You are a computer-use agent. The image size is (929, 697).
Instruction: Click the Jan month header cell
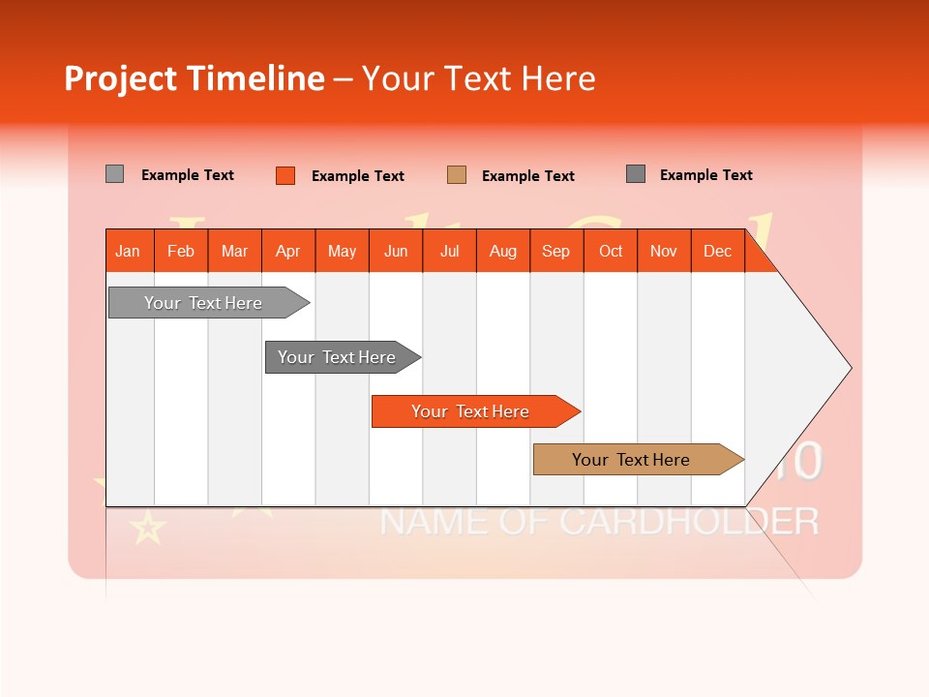pyautogui.click(x=129, y=251)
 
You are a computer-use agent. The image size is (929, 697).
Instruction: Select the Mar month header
pyautogui.click(x=234, y=251)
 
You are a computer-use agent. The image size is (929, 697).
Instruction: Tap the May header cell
pyautogui.click(x=342, y=251)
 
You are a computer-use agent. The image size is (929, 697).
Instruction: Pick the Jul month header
pyautogui.click(x=449, y=251)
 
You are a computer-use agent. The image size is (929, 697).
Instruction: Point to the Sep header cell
pyautogui.click(x=555, y=251)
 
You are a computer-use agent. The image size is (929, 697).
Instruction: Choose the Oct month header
pyautogui.click(x=611, y=251)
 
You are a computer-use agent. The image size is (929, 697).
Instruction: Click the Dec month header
pyautogui.click(x=717, y=251)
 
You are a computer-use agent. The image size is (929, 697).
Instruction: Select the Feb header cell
pyautogui.click(x=181, y=251)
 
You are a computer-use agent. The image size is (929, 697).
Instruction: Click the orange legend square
pyautogui.click(x=285, y=175)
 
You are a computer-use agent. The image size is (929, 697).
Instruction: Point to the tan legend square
pyautogui.click(x=457, y=175)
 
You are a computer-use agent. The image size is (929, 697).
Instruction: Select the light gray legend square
pyautogui.click(x=114, y=174)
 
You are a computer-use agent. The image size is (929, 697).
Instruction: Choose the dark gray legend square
pyautogui.click(x=635, y=174)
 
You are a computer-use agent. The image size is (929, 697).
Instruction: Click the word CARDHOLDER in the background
pyautogui.click(x=689, y=522)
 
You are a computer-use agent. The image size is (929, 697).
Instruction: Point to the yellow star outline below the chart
pyautogui.click(x=148, y=529)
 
